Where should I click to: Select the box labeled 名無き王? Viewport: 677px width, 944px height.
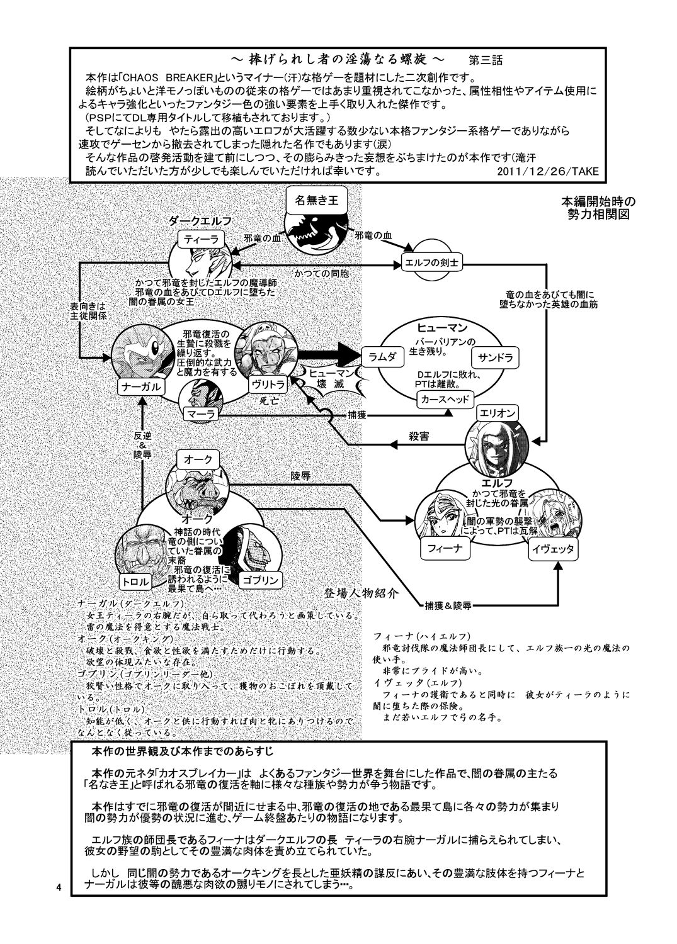point(316,202)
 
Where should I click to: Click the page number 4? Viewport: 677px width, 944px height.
point(59,887)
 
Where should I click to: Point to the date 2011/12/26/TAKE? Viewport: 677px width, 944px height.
point(549,171)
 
